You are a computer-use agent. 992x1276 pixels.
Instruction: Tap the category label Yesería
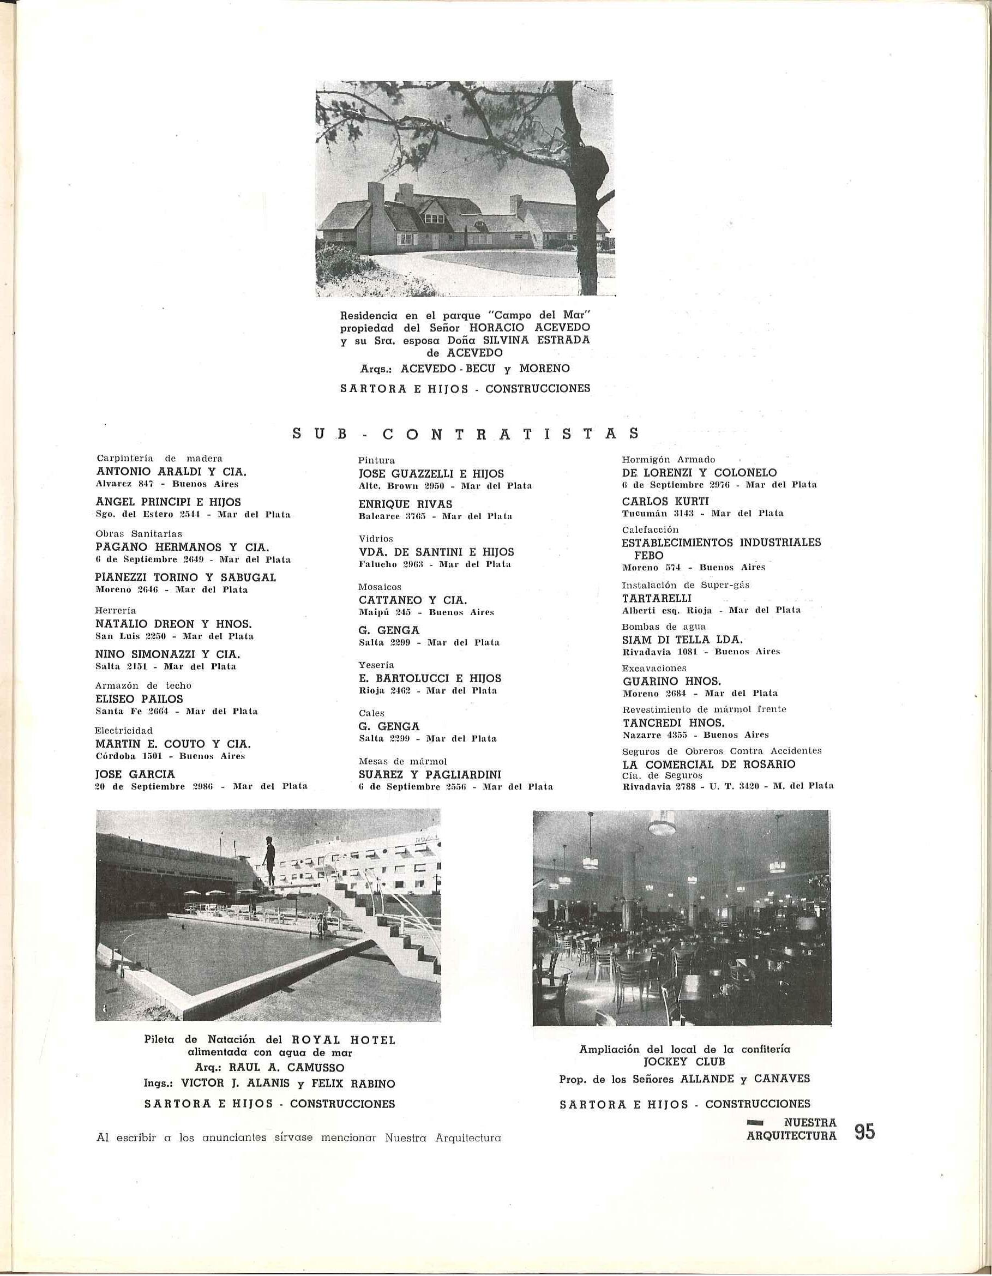[x=377, y=665]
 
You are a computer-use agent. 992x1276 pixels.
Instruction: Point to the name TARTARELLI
[x=648, y=598]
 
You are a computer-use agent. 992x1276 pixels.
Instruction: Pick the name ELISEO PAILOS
[x=139, y=699]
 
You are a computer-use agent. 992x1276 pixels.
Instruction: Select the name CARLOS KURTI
[x=657, y=501]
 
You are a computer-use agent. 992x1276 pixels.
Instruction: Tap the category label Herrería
[x=116, y=610]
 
